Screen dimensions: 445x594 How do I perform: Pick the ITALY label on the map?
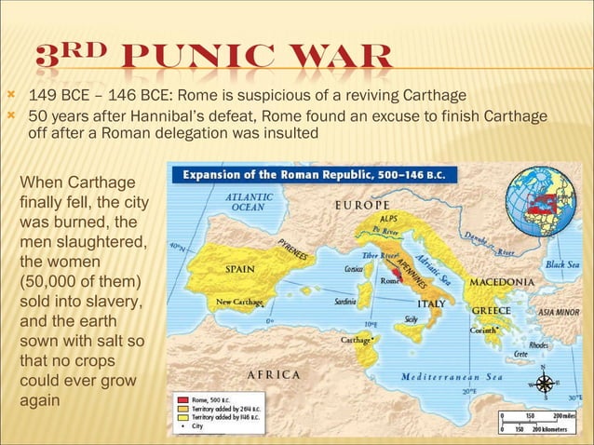click(430, 303)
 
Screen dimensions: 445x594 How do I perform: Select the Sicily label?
click(411, 319)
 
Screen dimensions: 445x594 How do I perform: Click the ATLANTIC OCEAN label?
click(250, 202)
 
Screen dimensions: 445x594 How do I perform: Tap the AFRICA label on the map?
click(274, 374)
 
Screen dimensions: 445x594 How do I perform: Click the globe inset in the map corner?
click(541, 203)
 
